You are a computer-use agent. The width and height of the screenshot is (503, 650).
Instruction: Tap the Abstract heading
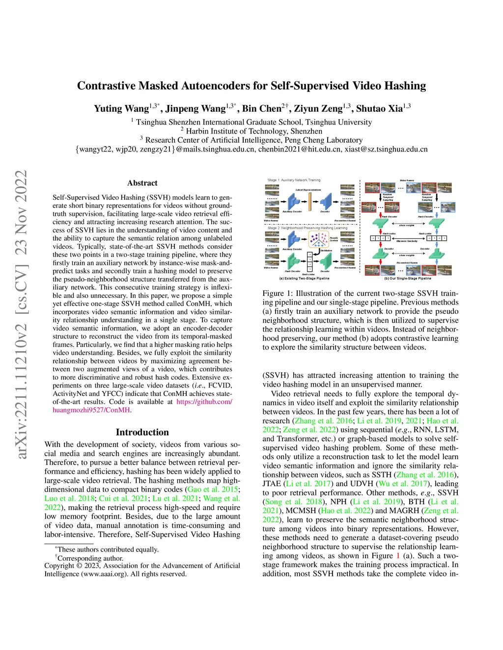142,183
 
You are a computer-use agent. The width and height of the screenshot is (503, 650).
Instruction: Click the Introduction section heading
142,432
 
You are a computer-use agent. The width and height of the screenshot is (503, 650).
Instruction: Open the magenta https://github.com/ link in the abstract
204,402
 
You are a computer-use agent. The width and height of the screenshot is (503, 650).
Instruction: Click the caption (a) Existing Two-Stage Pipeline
304,278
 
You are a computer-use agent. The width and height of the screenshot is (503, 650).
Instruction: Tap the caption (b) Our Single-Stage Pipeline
407,278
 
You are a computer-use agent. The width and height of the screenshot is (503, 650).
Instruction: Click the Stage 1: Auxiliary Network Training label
294,180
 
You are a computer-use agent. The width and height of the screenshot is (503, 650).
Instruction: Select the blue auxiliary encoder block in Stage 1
294,201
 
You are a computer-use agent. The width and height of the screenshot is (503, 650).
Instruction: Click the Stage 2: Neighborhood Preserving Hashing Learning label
307,228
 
